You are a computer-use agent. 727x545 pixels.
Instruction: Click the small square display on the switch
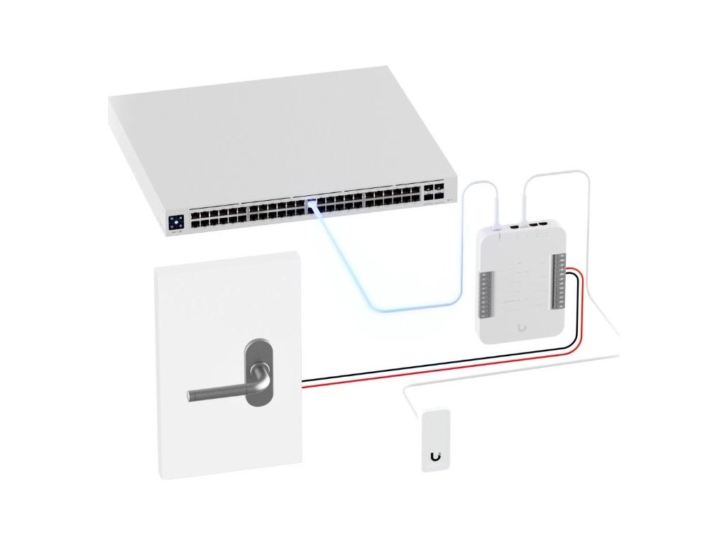coord(176,221)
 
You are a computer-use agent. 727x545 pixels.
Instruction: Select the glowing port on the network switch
coord(310,205)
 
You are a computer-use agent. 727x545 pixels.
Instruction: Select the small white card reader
coord(434,440)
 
